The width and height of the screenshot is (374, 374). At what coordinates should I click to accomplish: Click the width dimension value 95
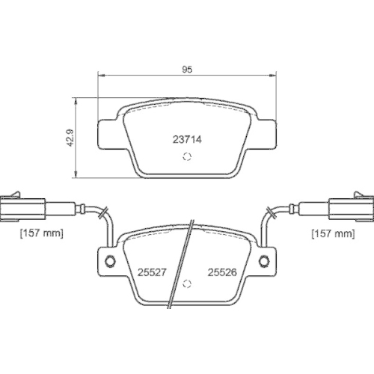[188, 69]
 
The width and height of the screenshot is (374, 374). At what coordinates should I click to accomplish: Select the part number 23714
[188, 138]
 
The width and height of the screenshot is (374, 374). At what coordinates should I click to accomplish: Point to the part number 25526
[223, 273]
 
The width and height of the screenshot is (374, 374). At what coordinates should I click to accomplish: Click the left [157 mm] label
[41, 234]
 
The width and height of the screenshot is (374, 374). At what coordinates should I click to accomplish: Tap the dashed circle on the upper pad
[187, 157]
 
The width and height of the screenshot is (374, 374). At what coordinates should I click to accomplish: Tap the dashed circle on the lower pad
[187, 284]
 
